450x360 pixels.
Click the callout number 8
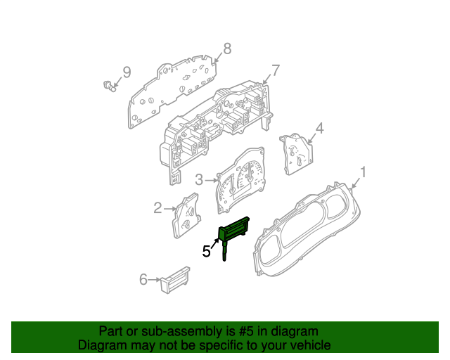[227, 49]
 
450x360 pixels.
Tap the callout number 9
[127, 72]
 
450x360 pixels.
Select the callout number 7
[275, 70]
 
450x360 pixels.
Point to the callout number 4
[319, 129]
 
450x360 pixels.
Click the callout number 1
[363, 172]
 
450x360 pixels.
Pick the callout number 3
[199, 180]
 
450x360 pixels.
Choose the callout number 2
[157, 208]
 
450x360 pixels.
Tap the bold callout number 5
[206, 251]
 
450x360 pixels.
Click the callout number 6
[143, 279]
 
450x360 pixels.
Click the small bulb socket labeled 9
[109, 86]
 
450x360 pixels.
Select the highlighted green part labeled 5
[233, 234]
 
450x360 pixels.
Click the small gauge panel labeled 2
[186, 215]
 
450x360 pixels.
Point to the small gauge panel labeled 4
[297, 153]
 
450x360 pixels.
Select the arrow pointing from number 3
[211, 180]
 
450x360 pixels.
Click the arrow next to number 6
[155, 279]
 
